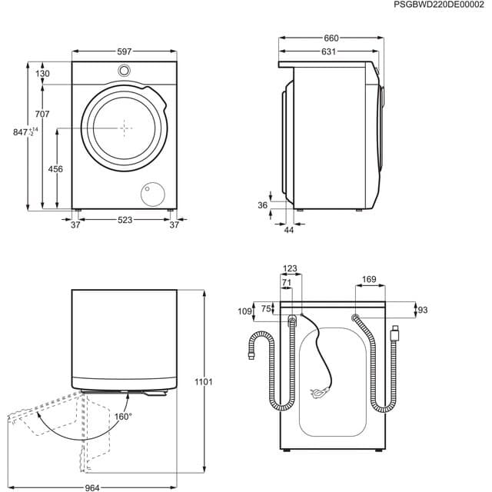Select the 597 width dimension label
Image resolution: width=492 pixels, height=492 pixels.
tap(125, 52)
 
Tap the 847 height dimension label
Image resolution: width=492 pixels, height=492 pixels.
tap(21, 132)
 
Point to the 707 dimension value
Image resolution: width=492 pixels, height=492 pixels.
tap(42, 114)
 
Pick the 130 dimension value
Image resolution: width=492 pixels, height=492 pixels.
tap(42, 74)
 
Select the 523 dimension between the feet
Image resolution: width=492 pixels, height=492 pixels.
tap(125, 220)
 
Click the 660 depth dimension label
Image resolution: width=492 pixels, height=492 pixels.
tap(331, 38)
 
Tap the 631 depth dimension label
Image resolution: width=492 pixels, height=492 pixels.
tap(328, 52)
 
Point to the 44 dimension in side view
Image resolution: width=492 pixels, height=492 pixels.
tap(288, 230)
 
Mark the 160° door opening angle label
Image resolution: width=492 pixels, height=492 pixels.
tap(124, 416)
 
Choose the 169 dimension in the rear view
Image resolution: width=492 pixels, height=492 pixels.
tap(369, 281)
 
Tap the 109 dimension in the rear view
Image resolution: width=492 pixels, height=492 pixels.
tap(245, 311)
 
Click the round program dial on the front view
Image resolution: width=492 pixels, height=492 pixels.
tap(125, 71)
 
